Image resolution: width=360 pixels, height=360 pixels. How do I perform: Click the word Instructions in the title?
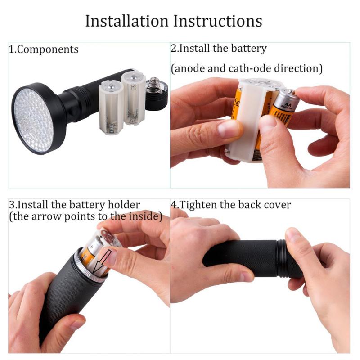(218, 21)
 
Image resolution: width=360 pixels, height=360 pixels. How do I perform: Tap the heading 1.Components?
(44, 49)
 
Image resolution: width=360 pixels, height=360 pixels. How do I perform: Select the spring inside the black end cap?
(155, 84)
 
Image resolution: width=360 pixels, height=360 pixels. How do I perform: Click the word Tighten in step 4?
(198, 205)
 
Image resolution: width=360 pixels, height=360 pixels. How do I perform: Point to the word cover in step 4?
(279, 205)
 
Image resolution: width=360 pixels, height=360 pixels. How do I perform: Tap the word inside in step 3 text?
(145, 216)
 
